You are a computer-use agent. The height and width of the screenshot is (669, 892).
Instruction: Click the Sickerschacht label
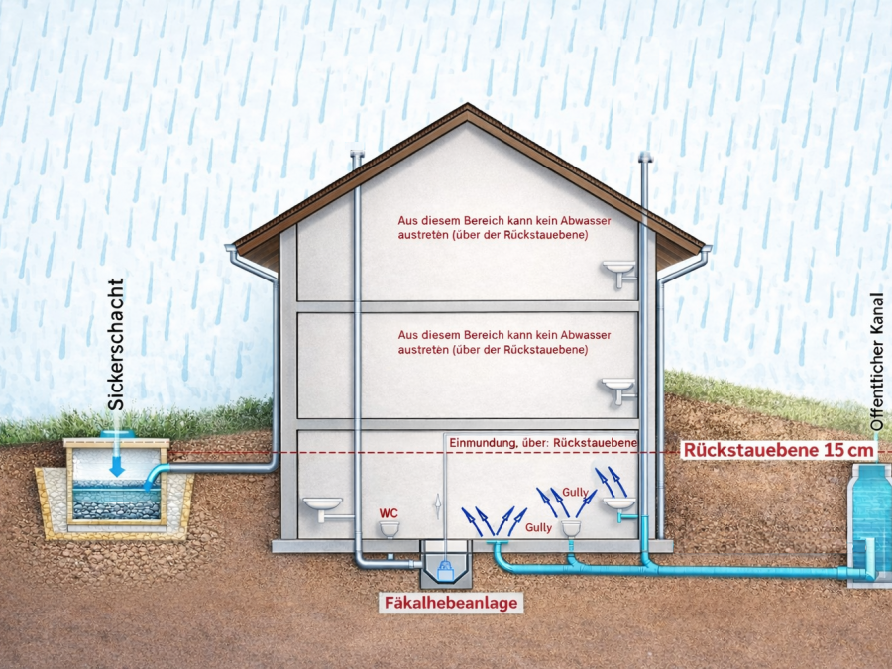coord(116,344)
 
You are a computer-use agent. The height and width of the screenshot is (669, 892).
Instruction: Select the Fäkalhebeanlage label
coord(451,603)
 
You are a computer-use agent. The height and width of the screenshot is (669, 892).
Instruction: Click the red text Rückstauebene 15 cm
coord(778,450)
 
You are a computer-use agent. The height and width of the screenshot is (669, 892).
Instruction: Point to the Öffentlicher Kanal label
coord(877,362)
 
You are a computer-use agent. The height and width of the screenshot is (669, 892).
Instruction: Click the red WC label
coord(389,513)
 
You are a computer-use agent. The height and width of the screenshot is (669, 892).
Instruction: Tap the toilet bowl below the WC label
coord(390,529)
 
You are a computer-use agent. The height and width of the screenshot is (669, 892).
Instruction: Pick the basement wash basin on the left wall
coord(322,508)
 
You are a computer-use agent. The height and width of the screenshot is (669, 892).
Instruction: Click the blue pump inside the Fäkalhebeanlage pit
coord(445,570)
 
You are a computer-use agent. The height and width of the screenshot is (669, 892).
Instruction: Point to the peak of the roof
coord(468,104)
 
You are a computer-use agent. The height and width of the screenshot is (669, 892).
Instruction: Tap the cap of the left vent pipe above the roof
coord(357,153)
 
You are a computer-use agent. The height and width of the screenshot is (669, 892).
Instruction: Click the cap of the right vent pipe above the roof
coord(645,157)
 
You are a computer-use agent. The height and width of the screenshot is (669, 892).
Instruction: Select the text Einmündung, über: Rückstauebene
coord(543,443)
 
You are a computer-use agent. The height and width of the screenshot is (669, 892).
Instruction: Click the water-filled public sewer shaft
coord(870,523)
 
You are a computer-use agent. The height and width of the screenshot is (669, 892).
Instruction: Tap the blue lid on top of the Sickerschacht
coord(118,433)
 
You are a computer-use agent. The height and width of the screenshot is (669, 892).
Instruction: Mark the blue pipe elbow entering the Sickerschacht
coord(156,475)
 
